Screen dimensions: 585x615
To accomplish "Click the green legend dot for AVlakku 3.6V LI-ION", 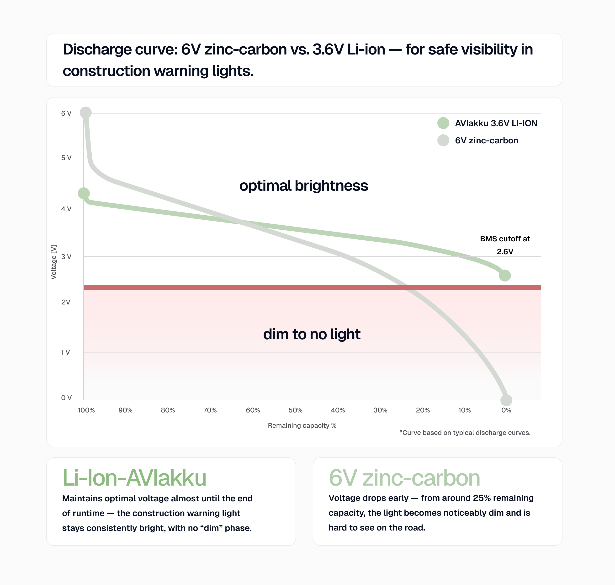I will pos(443,123).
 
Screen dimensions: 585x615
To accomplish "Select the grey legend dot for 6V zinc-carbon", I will pos(443,140).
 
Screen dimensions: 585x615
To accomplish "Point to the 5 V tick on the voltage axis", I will pos(66,158).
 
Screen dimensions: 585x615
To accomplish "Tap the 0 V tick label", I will pos(66,398).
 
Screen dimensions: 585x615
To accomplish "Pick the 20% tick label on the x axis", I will pos(423,410).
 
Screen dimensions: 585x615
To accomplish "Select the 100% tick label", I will pos(86,410).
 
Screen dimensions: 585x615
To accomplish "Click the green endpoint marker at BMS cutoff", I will pos(505,275).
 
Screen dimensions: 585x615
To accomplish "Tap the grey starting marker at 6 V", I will pos(86,112).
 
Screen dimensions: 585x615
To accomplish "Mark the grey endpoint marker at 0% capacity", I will pos(506,400).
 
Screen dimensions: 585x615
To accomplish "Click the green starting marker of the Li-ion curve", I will pos(84,193).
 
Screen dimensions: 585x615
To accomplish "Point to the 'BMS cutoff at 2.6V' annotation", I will pos(505,245).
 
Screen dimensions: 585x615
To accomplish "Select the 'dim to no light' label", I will pos(312,334).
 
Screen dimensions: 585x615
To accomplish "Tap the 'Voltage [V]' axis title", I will pos(53,262).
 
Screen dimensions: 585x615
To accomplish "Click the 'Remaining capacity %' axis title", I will pos(302,425).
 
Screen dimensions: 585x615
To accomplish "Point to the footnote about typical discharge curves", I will pos(465,433).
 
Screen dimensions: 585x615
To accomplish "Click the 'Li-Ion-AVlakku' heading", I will pos(134,478).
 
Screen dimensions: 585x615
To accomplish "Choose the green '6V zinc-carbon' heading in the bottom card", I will pos(404,478).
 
